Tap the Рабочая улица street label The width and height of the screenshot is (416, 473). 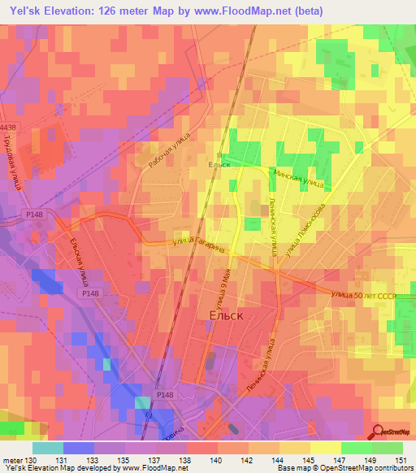coord(169,150)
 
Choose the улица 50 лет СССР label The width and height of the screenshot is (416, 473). coord(363,295)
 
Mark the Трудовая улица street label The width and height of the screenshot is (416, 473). coord(22,163)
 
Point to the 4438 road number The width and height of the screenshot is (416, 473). coord(8,128)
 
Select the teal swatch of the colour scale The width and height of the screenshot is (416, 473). coord(47,448)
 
